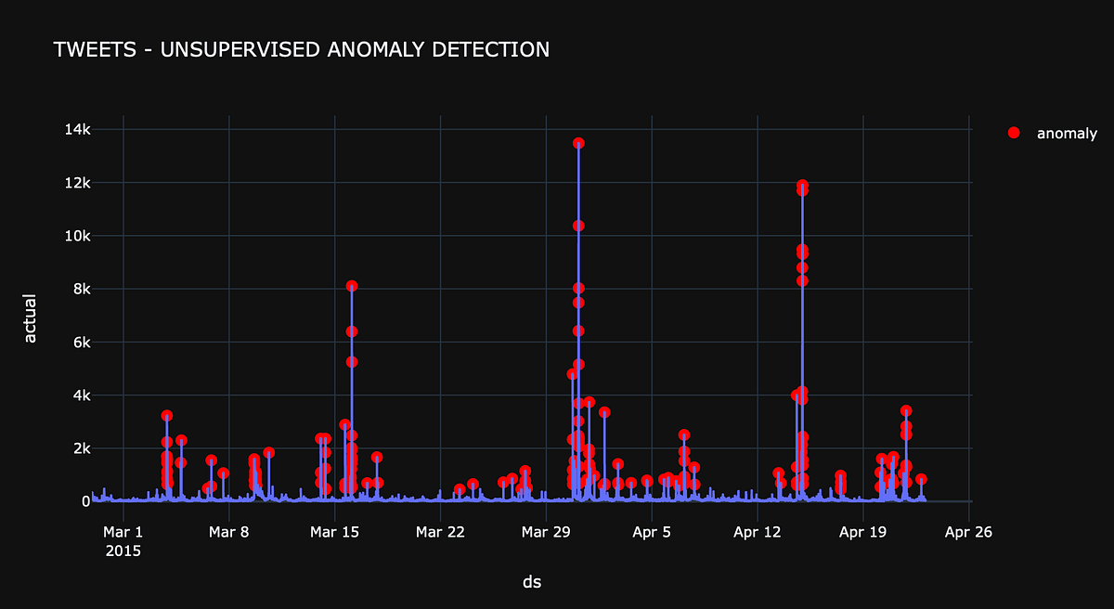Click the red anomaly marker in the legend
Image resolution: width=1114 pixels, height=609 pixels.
pos(1014,133)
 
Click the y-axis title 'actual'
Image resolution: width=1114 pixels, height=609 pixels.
pos(31,318)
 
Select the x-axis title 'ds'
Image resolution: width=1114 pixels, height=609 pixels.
pos(532,582)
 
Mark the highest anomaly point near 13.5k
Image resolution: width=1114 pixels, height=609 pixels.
pos(578,143)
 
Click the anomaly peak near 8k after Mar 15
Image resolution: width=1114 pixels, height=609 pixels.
pos(352,286)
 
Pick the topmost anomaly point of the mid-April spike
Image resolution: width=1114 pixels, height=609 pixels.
pos(802,186)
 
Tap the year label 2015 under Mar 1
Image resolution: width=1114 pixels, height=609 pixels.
pos(123,550)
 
